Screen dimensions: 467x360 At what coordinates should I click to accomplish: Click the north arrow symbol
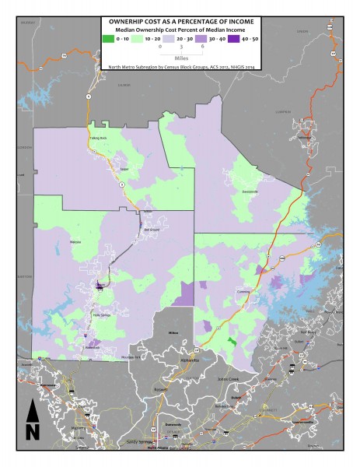coord(32,420)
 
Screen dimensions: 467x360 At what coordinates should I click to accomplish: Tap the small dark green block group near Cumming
coord(232,341)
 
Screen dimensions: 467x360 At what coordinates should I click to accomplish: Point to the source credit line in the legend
coord(180,68)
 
